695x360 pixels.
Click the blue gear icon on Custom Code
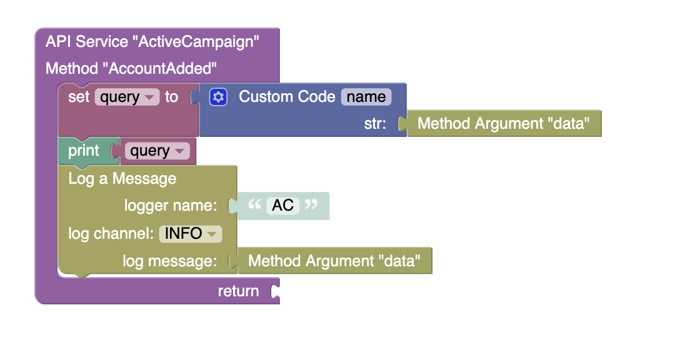[x=218, y=97]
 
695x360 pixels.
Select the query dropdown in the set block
[x=127, y=97]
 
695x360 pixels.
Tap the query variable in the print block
[x=157, y=151]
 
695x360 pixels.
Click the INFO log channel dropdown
[x=191, y=234]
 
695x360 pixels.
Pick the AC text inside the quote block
[x=282, y=205]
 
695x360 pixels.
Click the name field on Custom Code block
[x=366, y=97]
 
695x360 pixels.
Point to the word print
[x=83, y=151]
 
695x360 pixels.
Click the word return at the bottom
[x=239, y=291]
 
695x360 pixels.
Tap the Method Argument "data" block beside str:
[x=504, y=123]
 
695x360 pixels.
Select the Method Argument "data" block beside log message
[x=334, y=261]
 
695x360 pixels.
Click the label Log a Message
[x=122, y=178]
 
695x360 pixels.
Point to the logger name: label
[x=171, y=206]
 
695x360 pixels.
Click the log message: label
[x=170, y=261]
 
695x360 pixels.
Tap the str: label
[x=375, y=124]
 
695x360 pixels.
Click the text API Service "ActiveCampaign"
[x=152, y=42]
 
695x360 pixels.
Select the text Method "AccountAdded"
[x=131, y=69]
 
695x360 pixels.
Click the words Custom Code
[x=287, y=97]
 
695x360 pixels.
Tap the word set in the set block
[x=79, y=97]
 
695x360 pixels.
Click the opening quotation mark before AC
[x=254, y=204]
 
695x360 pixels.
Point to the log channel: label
[x=111, y=234]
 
